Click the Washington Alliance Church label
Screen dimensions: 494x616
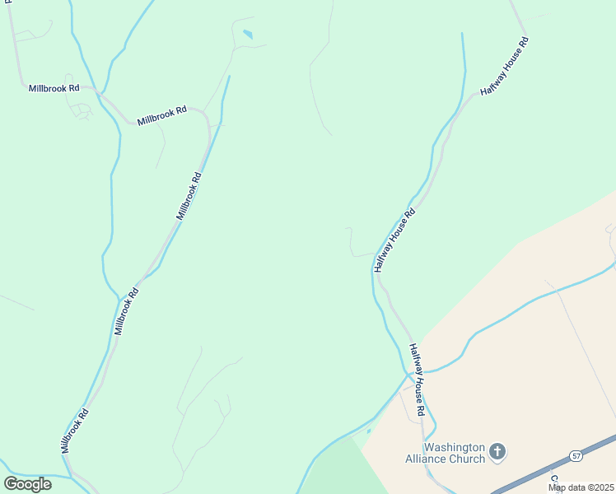click(x=445, y=453)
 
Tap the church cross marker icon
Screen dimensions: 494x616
click(x=497, y=451)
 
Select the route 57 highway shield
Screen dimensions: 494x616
click(x=576, y=455)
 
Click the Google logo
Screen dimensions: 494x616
click(x=27, y=483)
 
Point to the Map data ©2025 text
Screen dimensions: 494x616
click(x=581, y=487)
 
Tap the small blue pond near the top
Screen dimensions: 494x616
click(x=248, y=35)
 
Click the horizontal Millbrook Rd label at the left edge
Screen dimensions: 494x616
click(x=54, y=88)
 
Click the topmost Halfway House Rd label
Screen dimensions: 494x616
click(x=503, y=68)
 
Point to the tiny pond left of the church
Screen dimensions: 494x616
click(x=368, y=430)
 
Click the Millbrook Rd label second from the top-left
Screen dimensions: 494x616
click(x=162, y=114)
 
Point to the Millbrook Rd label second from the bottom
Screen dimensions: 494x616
click(x=126, y=311)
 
